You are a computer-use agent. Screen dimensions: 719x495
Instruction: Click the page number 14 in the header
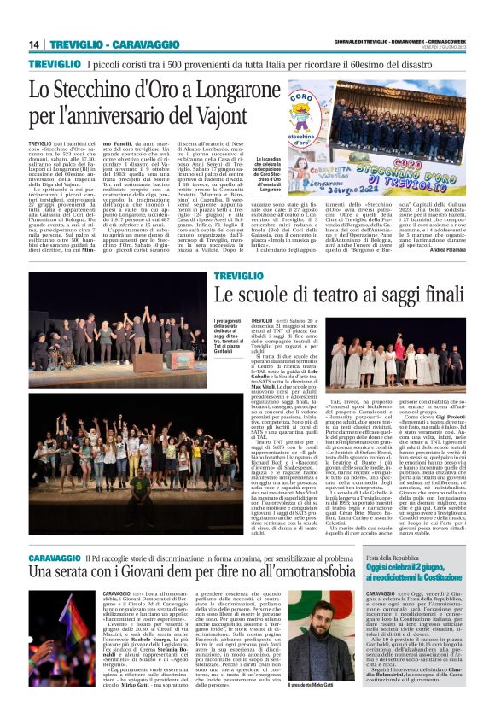(34, 44)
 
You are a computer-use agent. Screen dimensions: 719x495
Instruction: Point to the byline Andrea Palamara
(444, 250)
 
